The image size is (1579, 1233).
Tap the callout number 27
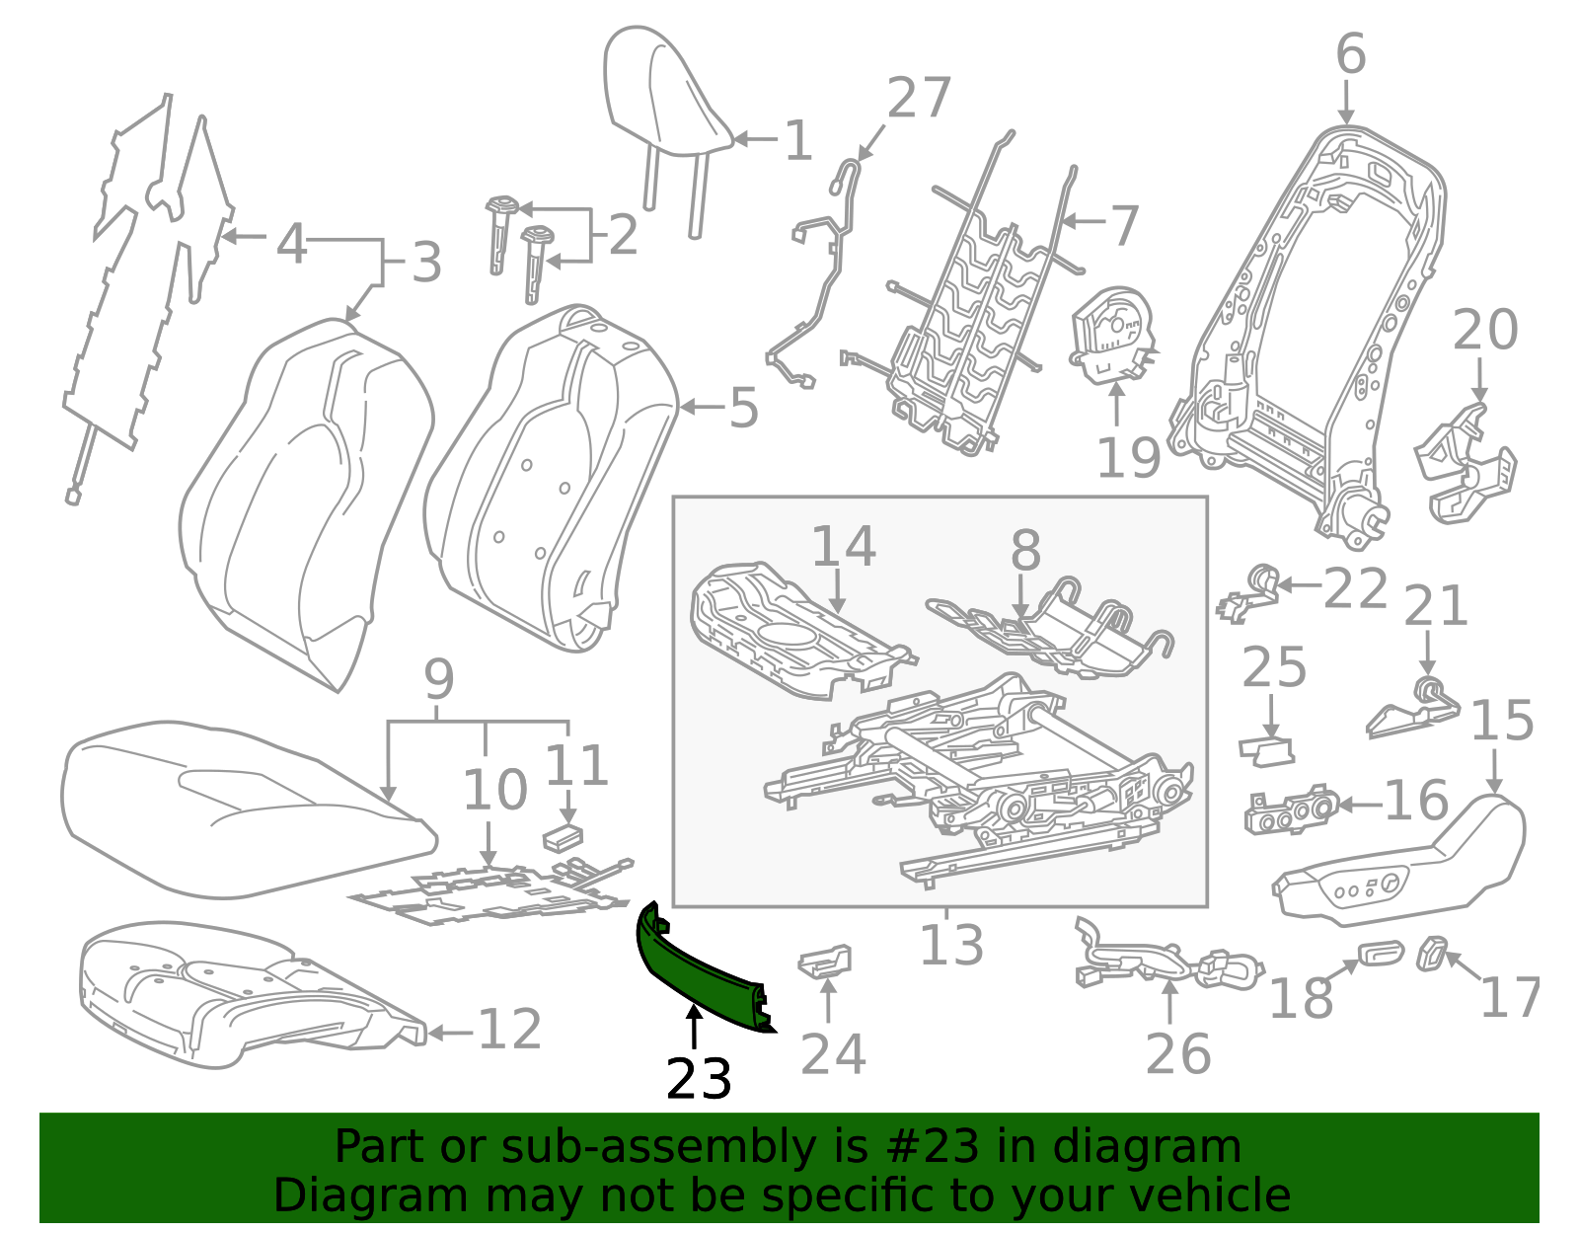[918, 99]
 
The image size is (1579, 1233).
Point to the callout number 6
[1350, 54]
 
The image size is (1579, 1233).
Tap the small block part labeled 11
[563, 837]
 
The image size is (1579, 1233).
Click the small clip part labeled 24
[825, 961]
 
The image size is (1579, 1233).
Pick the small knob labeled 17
[1431, 954]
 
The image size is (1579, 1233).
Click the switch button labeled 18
[1379, 953]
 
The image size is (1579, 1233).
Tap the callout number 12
[509, 1030]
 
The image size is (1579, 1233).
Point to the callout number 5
[743, 408]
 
